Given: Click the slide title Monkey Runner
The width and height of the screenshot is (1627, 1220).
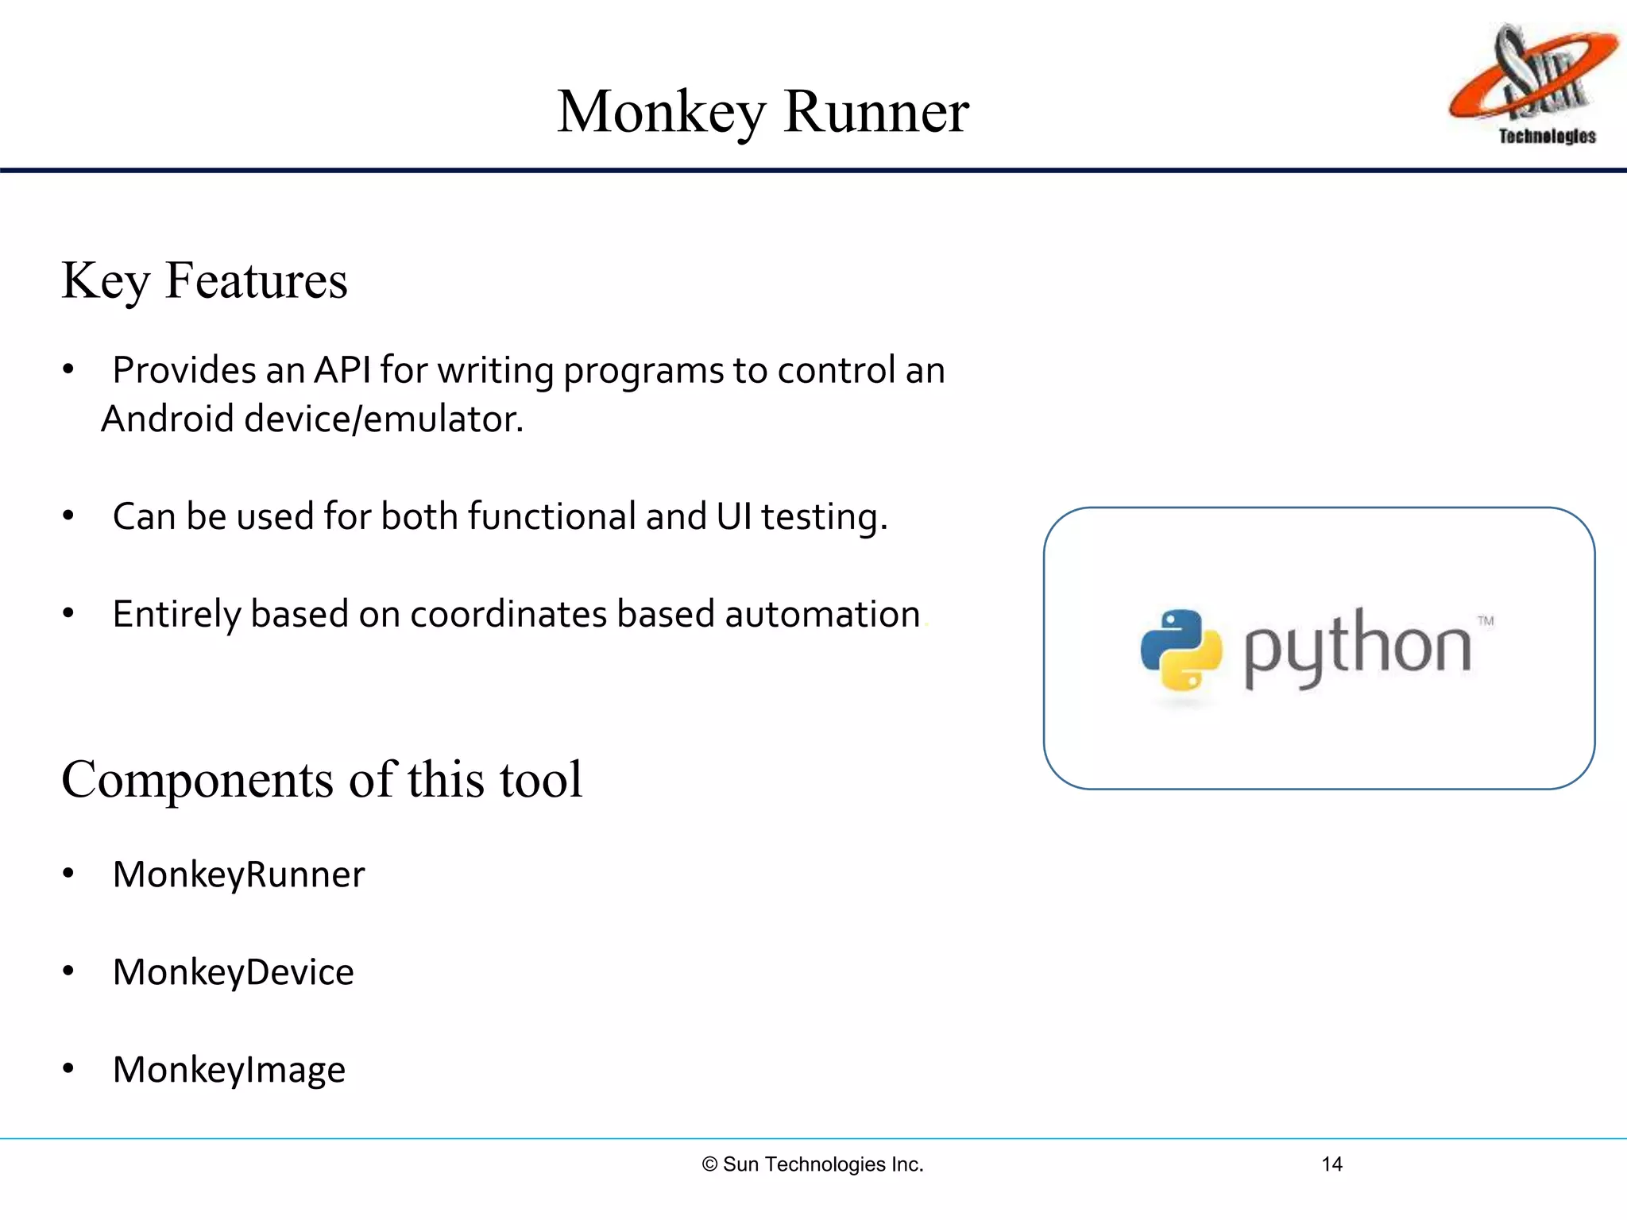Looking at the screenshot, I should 763,111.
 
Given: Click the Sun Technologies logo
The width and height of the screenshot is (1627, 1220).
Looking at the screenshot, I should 1533,83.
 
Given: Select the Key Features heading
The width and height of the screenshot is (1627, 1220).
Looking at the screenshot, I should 204,280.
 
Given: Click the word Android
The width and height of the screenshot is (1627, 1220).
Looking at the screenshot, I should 167,419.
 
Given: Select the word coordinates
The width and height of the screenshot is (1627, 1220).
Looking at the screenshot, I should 508,614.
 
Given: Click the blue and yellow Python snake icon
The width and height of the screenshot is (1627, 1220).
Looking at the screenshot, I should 1181,650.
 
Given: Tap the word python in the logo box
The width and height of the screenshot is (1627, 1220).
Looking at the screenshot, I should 1357,647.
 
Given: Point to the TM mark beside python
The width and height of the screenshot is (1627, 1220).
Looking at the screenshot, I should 1486,621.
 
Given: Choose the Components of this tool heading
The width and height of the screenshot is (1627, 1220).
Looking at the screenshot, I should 322,779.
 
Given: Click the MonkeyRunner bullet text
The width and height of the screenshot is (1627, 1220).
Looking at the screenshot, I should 238,874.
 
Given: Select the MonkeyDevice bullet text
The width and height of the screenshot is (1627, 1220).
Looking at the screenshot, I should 233,972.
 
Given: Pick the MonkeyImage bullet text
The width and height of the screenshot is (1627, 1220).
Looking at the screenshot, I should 229,1070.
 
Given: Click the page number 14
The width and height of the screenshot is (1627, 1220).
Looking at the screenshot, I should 1331,1164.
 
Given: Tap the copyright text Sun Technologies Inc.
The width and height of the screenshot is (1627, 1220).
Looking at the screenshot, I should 813,1164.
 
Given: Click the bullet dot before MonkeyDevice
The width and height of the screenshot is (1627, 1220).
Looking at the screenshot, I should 68,971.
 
